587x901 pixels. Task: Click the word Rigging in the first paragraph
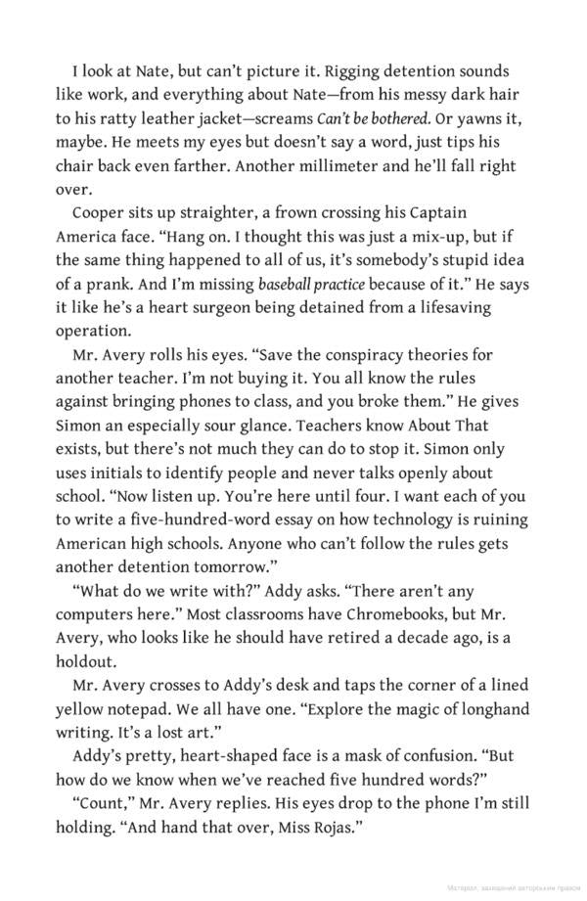pos(351,72)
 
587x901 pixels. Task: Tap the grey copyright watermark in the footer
pos(512,889)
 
